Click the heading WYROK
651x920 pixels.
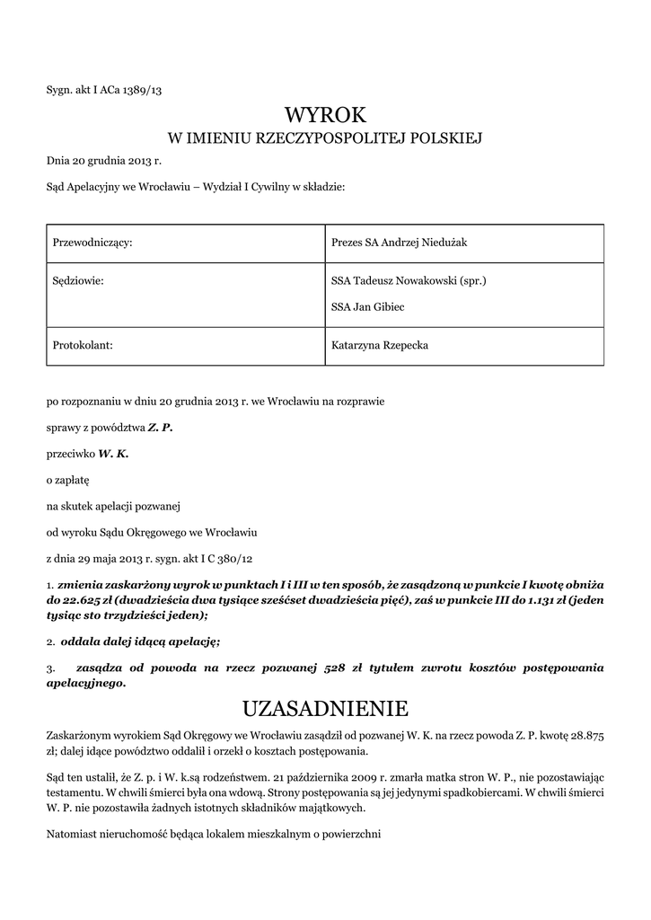(x=325, y=114)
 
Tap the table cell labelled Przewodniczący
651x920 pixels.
(x=93, y=243)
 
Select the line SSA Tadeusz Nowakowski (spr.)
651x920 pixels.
(x=409, y=280)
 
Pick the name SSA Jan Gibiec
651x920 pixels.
(x=368, y=306)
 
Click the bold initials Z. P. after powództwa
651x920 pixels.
(x=160, y=428)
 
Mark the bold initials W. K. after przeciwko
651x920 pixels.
(x=114, y=454)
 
